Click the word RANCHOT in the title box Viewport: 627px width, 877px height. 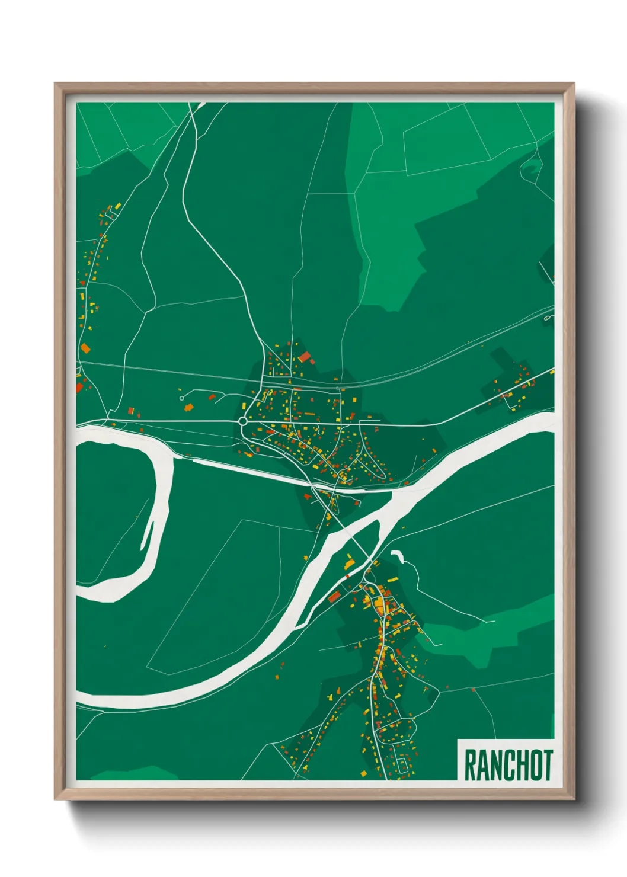[508, 766]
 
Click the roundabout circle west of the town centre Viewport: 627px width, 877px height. [242, 421]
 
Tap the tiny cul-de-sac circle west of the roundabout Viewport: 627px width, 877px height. [181, 398]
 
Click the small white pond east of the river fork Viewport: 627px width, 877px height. [396, 556]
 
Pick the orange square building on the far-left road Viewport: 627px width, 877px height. [85, 348]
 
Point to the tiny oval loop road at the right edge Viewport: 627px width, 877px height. [548, 318]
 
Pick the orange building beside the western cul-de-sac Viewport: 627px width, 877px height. [190, 407]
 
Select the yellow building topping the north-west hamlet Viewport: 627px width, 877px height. [118, 206]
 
